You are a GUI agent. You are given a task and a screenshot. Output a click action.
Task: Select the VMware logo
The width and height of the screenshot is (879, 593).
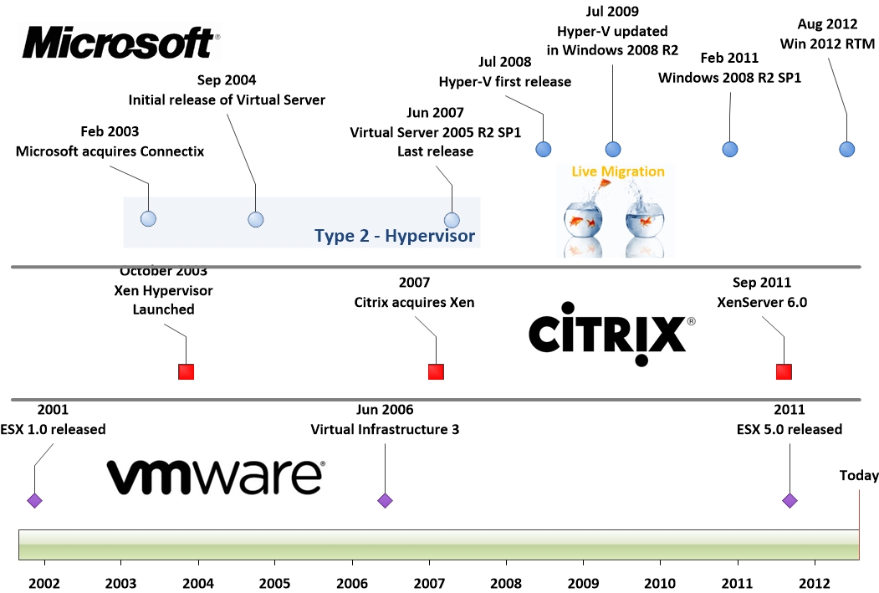(x=215, y=477)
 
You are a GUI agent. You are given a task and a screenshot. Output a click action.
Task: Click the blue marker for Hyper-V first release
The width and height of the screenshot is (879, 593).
(x=544, y=150)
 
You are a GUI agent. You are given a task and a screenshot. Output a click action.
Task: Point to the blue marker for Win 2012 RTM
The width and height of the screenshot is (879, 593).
(x=847, y=150)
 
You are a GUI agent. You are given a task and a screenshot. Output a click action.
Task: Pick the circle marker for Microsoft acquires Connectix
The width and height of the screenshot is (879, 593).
(x=148, y=219)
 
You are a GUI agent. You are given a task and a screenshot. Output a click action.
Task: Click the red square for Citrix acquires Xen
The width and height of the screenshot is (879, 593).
(x=436, y=371)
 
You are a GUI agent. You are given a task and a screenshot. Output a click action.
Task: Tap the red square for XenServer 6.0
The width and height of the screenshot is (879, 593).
(x=784, y=371)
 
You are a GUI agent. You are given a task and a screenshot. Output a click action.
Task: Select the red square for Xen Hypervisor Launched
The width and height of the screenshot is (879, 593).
(x=187, y=371)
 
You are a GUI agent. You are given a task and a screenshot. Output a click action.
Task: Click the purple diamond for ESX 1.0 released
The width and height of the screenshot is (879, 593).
(x=34, y=501)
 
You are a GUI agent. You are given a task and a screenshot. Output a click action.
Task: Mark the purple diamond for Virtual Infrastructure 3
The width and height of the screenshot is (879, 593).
(x=385, y=501)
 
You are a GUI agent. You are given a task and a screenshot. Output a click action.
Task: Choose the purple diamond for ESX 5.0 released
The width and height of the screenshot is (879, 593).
(x=790, y=501)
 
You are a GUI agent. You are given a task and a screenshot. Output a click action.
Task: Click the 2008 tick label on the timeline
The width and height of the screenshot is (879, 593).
(x=506, y=582)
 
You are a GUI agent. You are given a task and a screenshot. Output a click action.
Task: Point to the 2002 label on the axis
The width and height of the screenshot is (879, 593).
(x=43, y=582)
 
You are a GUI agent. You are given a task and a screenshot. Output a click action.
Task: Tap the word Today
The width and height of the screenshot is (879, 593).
(x=859, y=476)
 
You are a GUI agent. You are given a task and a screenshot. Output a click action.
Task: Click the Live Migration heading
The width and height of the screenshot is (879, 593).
(x=618, y=171)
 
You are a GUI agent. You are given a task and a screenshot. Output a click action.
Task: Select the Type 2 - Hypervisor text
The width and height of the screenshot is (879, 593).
(x=395, y=236)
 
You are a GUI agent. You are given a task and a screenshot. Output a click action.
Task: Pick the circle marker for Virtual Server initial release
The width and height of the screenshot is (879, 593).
(x=256, y=220)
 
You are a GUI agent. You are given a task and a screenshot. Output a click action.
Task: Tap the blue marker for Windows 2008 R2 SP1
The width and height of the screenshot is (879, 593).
(x=730, y=150)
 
